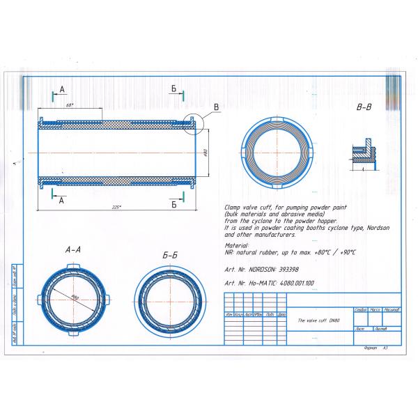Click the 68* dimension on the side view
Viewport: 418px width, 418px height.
click(70, 104)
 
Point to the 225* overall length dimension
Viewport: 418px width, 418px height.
click(116, 207)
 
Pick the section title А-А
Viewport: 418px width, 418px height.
click(75, 249)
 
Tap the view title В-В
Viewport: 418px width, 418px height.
click(364, 109)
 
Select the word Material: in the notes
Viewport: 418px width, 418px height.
click(237, 245)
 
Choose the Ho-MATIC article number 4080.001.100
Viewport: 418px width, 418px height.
click(295, 283)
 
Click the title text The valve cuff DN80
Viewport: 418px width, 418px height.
click(318, 320)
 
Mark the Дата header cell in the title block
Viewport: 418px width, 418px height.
click(281, 314)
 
